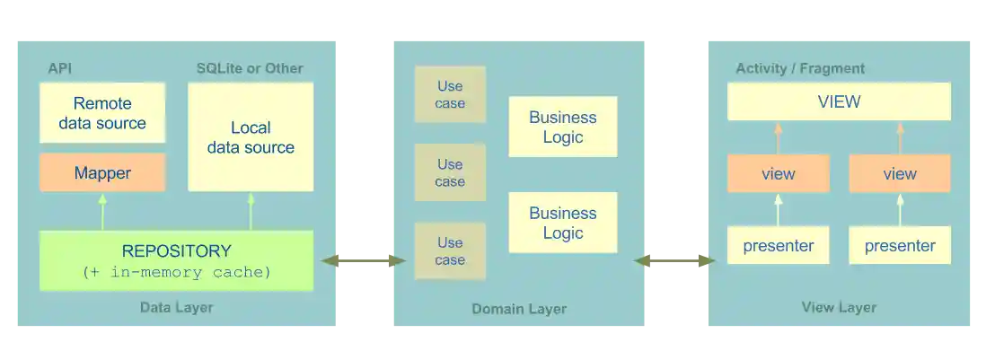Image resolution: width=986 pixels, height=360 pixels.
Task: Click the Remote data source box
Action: [102, 113]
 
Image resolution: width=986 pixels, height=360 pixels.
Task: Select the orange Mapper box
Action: [102, 172]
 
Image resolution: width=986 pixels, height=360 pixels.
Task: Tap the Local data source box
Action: [251, 137]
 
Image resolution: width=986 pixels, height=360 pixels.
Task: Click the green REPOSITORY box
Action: [176, 260]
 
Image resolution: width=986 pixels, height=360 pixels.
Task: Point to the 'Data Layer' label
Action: [176, 308]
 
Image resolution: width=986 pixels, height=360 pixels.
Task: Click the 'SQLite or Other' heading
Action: [250, 68]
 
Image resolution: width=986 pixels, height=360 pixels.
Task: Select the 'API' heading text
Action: [59, 68]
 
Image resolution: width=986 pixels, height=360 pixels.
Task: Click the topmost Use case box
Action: [450, 94]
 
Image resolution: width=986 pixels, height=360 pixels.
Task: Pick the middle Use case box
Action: [450, 173]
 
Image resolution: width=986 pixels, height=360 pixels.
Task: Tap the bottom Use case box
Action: [450, 251]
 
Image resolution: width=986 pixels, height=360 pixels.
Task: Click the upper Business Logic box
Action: [563, 127]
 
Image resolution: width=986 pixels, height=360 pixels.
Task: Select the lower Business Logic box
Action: [563, 223]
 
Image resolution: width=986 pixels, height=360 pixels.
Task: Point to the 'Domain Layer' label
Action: [519, 309]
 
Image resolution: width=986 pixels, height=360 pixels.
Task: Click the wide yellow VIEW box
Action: [839, 101]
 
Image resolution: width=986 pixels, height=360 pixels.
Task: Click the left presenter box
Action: [778, 245]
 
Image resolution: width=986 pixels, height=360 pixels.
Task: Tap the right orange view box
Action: [900, 173]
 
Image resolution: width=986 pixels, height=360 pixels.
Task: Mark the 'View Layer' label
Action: [839, 308]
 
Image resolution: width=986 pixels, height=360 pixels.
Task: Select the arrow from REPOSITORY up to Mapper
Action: [102, 211]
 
